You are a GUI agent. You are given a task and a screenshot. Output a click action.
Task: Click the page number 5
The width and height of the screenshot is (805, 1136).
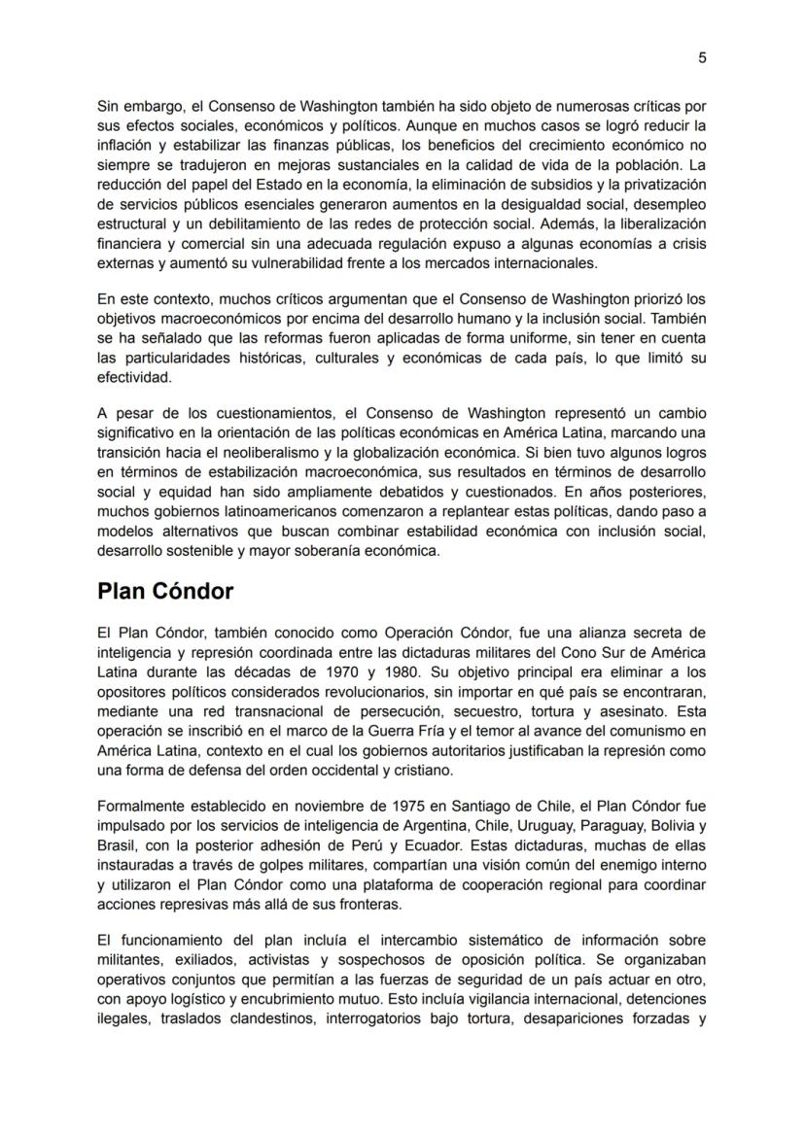(x=702, y=57)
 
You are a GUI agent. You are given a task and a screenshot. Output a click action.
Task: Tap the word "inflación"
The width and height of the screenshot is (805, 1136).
(x=124, y=145)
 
